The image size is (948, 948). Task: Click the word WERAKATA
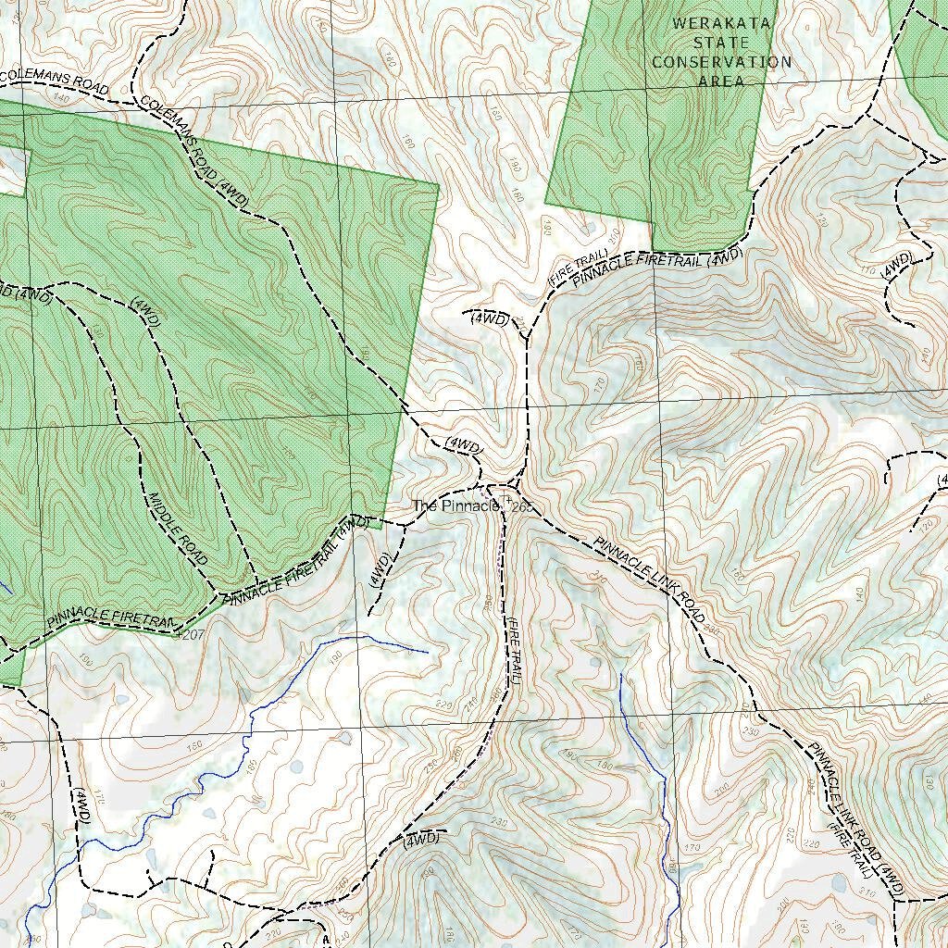click(721, 23)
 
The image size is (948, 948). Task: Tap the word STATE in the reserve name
click(721, 43)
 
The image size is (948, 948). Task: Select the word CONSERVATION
click(721, 62)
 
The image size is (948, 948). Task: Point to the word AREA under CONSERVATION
click(721, 81)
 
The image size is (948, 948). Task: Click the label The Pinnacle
click(455, 506)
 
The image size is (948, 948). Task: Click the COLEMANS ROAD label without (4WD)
click(56, 81)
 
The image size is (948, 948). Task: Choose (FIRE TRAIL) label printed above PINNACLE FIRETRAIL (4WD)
click(578, 268)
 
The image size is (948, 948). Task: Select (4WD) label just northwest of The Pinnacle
click(464, 445)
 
